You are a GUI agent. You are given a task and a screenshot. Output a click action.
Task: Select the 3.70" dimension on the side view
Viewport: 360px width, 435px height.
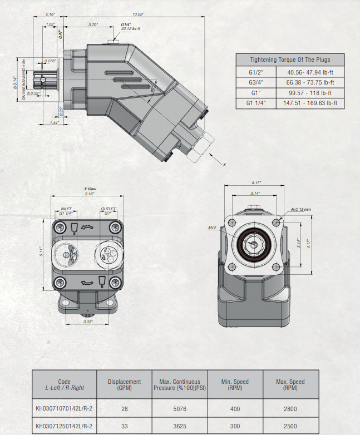93,25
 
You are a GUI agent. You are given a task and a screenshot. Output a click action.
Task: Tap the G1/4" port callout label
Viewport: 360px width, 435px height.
126,25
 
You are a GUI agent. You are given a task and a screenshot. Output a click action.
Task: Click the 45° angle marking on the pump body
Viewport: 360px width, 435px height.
152,89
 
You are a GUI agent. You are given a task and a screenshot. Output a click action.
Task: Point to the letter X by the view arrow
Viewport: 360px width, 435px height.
224,165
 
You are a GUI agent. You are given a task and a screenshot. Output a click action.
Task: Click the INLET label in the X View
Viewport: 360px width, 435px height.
66,209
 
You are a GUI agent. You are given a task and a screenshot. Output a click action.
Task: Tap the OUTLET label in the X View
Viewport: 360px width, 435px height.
107,209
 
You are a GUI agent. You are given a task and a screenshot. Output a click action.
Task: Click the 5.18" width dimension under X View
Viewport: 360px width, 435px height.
89,194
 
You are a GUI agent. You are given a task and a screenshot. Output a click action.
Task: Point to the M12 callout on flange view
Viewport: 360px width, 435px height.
226,228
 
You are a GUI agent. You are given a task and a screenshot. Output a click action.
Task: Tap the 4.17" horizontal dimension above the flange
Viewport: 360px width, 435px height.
255,182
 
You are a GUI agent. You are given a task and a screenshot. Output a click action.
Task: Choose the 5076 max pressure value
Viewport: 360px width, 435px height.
180,409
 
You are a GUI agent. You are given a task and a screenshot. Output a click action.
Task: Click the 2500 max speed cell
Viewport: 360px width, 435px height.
289,427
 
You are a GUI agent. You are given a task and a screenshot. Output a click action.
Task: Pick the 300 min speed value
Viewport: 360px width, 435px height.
234,427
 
